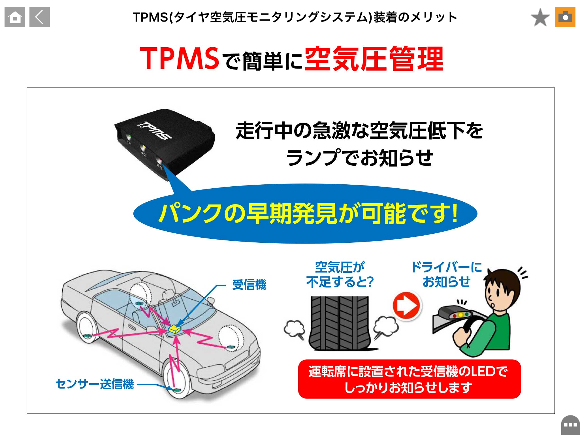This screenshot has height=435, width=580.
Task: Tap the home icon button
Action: tap(15, 17)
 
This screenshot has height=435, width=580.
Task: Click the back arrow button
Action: tap(40, 17)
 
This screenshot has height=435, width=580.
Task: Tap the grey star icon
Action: tap(540, 17)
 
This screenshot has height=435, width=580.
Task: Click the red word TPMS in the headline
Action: tap(179, 58)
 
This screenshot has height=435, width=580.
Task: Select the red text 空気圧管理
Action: tap(374, 59)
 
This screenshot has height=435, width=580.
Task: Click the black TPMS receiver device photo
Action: tap(164, 142)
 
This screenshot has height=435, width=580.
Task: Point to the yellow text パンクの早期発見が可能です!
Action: tap(308, 214)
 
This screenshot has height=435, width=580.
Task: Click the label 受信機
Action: tap(249, 285)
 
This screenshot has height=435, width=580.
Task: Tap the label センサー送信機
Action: tap(95, 384)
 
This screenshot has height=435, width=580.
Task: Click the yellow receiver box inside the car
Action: tap(174, 329)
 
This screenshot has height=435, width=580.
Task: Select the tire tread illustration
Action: tap(340, 323)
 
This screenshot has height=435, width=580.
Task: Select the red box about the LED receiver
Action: tap(409, 379)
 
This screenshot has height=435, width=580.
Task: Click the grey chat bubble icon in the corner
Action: tap(570, 425)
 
